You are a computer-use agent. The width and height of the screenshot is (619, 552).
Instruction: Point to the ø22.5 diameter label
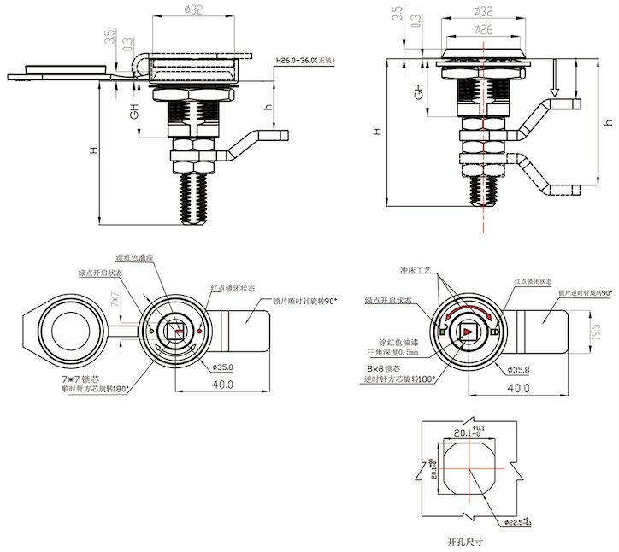pyautogui.click(x=518, y=521)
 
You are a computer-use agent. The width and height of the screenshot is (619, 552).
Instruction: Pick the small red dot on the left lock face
pyautogui.click(x=200, y=329)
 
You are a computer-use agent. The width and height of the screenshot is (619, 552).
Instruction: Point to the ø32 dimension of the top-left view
pyautogui.click(x=193, y=11)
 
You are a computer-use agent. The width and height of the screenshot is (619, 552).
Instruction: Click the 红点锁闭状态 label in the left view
pyautogui.click(x=232, y=288)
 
